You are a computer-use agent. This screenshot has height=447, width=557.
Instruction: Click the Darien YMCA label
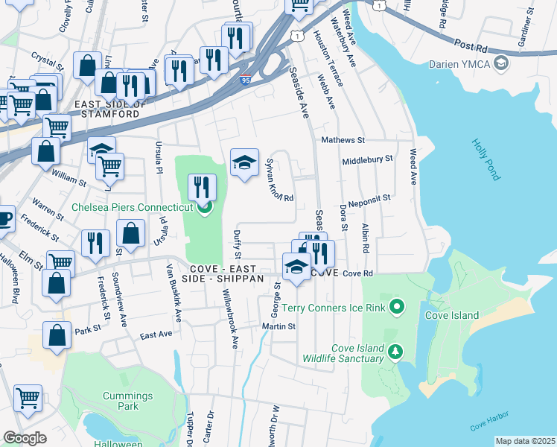coord(465,63)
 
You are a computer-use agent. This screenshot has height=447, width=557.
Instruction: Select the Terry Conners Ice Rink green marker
coord(397,306)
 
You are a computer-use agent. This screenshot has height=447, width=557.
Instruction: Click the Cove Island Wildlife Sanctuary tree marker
coord(397,350)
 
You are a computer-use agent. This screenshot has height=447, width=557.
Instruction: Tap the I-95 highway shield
coord(245,81)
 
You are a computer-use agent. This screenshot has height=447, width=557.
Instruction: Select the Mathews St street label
coord(343,140)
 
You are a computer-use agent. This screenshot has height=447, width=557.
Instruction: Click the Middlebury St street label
coord(367,160)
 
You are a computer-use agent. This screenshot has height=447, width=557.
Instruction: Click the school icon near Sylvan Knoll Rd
coord(244,163)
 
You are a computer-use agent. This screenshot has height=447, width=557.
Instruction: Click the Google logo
coord(25,438)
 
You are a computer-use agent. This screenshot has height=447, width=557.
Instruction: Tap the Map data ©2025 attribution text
coord(525,441)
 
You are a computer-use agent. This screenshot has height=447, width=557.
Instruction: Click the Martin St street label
coord(278,326)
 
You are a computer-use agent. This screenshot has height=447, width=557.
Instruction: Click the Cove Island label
coord(451,315)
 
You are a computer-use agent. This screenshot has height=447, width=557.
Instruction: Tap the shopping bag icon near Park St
coord(57,336)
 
